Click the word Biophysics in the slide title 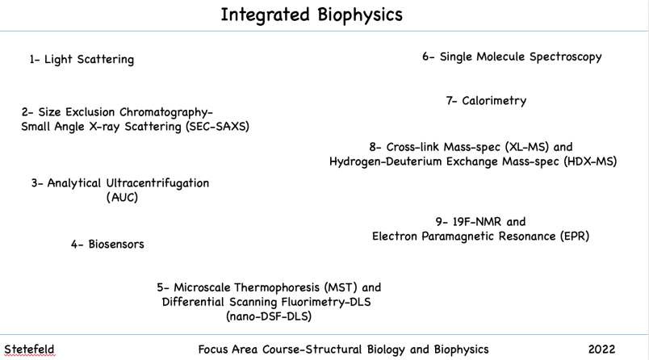click(360, 15)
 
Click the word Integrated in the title click(265, 15)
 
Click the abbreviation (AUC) click(122, 197)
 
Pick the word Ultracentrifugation click(157, 183)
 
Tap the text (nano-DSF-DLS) click(269, 316)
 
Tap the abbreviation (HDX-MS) click(590, 161)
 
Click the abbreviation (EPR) click(575, 237)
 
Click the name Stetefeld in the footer click(29, 350)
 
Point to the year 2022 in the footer click(602, 350)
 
